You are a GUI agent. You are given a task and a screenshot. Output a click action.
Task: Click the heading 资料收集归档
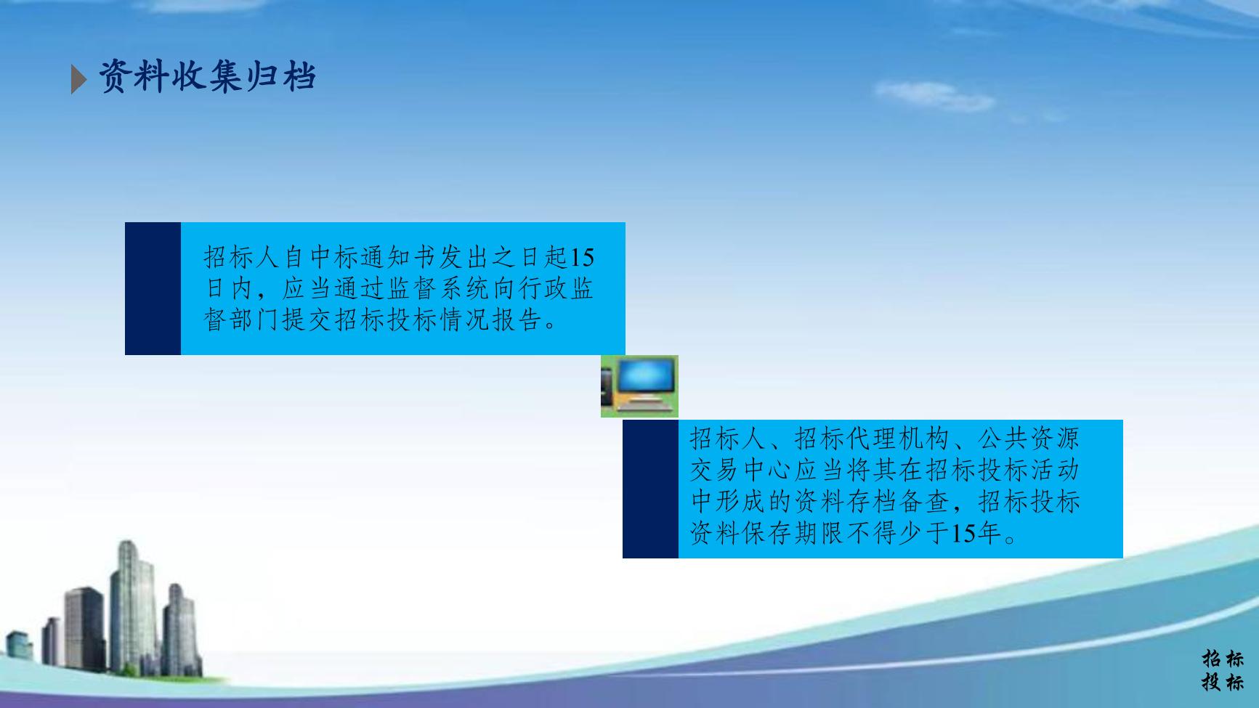pyautogui.click(x=207, y=76)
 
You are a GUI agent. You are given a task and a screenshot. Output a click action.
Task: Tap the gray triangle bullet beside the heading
pyautogui.click(x=78, y=79)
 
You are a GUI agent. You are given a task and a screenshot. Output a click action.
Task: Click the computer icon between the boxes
pyautogui.click(x=639, y=386)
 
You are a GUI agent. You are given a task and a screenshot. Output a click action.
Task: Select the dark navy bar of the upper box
pyautogui.click(x=153, y=288)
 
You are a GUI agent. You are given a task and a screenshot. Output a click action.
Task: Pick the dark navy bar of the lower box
pyautogui.click(x=650, y=489)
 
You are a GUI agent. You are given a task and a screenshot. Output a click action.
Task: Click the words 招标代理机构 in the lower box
pyautogui.click(x=872, y=438)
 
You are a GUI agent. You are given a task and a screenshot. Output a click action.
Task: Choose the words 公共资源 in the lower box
pyautogui.click(x=1029, y=438)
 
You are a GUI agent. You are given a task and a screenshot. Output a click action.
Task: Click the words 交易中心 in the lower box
pyautogui.click(x=741, y=470)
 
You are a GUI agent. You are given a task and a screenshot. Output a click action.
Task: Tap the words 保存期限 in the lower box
pyautogui.click(x=793, y=534)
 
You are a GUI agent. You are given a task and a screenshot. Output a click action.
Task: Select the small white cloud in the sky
pyautogui.click(x=934, y=95)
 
